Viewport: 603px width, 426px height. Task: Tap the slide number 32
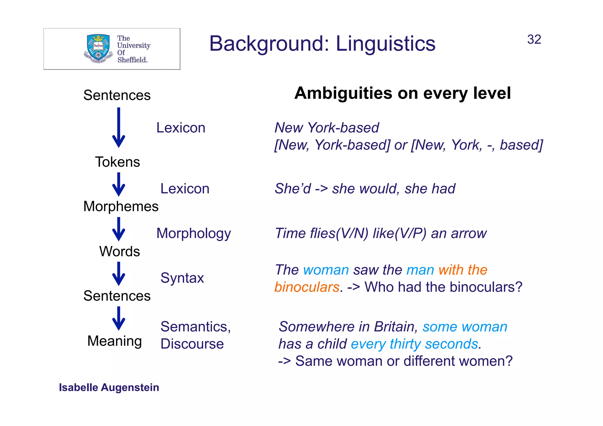pyautogui.click(x=534, y=39)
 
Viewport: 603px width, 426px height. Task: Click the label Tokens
pyautogui.click(x=117, y=162)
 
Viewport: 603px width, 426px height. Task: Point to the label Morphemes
pyautogui.click(x=121, y=206)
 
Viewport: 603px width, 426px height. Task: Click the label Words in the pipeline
pyautogui.click(x=119, y=251)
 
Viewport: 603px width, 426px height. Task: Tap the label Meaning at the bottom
pyautogui.click(x=115, y=341)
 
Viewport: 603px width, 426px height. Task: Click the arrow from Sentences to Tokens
pyautogui.click(x=119, y=128)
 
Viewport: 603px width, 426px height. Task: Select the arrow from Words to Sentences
pyautogui.click(x=119, y=274)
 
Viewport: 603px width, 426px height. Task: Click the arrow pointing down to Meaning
pyautogui.click(x=119, y=319)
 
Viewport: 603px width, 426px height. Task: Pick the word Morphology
pyautogui.click(x=193, y=233)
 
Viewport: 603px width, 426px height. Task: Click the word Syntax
pyautogui.click(x=182, y=278)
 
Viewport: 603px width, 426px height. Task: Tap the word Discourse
pyautogui.click(x=192, y=344)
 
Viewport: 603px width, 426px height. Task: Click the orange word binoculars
pyautogui.click(x=307, y=287)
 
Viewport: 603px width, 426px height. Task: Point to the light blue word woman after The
pyautogui.click(x=326, y=270)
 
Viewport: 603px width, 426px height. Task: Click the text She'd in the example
pyautogui.click(x=292, y=189)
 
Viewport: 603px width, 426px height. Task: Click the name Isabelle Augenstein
pyautogui.click(x=109, y=387)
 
